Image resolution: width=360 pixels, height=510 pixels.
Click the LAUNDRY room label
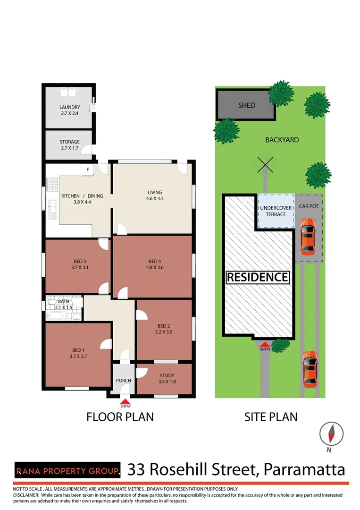tap(69, 107)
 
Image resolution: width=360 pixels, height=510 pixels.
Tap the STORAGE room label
tap(69, 142)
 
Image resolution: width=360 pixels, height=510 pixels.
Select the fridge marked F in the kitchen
tap(87, 170)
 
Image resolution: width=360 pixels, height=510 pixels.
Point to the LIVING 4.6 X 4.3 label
tap(155, 195)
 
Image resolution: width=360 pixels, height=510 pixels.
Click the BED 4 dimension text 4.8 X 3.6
tap(155, 267)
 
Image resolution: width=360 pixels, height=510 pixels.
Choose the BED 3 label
tap(80, 261)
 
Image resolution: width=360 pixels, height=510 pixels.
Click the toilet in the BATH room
tap(52, 302)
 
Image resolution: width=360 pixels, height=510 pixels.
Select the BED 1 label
tap(78, 350)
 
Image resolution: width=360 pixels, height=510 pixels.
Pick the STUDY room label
tap(167, 375)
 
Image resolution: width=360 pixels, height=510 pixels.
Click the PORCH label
tap(124, 381)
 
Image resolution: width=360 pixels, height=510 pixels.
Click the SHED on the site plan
tap(246, 105)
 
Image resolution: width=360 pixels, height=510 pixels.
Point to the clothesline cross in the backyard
tap(266, 165)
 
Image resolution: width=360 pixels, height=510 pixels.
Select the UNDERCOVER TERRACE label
tap(276, 211)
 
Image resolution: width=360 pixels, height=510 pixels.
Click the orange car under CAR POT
tap(308, 237)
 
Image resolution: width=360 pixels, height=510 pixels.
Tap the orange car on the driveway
tap(310, 369)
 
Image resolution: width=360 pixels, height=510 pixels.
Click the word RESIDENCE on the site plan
tap(258, 277)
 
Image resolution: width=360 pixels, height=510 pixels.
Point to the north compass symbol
tap(331, 434)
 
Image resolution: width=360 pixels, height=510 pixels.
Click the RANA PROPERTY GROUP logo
tap(67, 471)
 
